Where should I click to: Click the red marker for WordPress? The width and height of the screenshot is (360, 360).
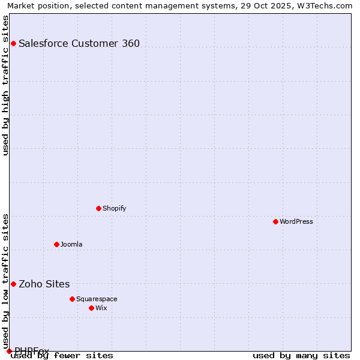(x=275, y=221)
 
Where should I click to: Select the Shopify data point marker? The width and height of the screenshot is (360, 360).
(x=98, y=208)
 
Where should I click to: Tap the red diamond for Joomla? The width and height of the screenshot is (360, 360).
(x=56, y=244)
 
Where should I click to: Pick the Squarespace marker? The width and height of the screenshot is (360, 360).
(x=72, y=299)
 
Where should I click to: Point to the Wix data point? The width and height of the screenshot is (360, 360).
(x=91, y=308)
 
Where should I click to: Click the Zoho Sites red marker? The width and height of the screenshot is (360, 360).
(x=13, y=284)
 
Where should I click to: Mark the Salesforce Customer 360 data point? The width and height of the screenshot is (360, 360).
(x=13, y=43)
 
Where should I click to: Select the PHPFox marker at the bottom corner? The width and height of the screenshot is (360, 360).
(x=9, y=351)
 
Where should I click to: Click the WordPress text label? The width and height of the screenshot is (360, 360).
(x=296, y=221)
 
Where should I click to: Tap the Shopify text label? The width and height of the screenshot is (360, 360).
(x=114, y=208)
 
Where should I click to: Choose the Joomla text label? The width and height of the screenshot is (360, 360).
(x=71, y=244)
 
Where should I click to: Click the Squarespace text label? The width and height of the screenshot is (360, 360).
(x=97, y=299)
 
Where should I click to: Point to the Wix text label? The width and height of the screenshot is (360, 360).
(x=101, y=308)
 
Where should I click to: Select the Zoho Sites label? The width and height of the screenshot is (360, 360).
(x=44, y=284)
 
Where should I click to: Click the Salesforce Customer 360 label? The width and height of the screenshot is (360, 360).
(x=79, y=43)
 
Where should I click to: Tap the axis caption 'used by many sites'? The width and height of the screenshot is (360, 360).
(x=301, y=355)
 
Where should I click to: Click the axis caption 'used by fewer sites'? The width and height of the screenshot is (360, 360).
(x=62, y=355)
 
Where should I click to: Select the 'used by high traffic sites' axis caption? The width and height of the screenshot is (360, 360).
(x=5, y=85)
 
